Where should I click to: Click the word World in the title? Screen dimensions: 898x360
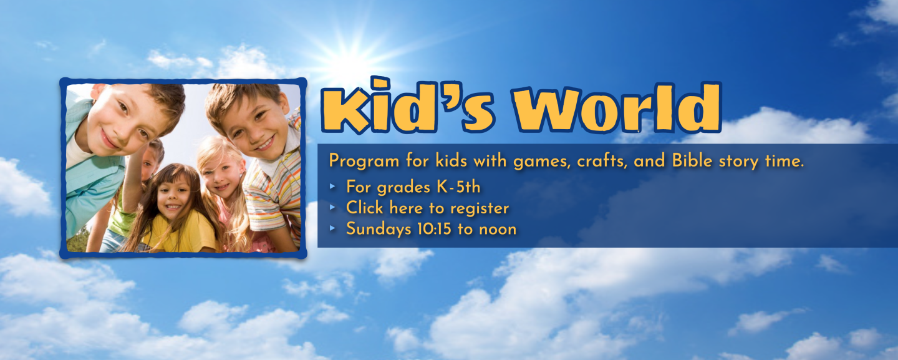point(617,107)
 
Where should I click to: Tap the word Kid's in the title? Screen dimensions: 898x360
point(408,105)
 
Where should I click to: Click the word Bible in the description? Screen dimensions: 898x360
point(692,160)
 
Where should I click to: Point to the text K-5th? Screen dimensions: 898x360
point(458,187)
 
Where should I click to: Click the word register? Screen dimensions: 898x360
point(480,208)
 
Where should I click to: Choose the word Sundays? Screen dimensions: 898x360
point(379,230)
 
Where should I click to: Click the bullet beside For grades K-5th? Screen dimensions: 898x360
point(332,187)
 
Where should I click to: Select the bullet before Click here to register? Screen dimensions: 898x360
point(332,208)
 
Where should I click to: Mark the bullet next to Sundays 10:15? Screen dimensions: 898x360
point(332,228)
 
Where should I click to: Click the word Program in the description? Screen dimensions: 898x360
point(364,161)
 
